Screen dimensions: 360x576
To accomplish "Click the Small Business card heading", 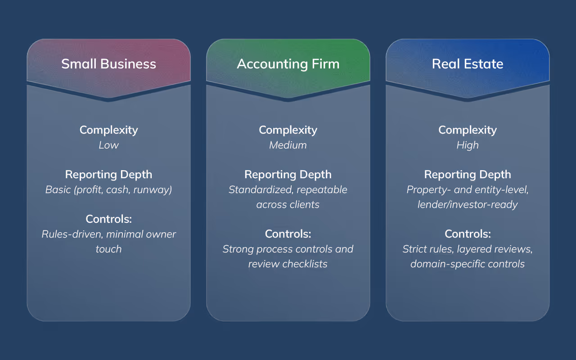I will point(108,64).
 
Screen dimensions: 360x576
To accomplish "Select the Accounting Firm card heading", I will point(288,64).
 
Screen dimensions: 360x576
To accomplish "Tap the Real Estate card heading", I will point(468,64).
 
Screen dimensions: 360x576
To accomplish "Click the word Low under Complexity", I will point(108,145).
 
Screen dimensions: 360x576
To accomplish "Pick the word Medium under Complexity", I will point(288,145).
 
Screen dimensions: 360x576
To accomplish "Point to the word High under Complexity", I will point(468,145).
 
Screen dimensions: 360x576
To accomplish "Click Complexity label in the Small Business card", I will point(108,130).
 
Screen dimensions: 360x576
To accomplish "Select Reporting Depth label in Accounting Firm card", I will point(288,175).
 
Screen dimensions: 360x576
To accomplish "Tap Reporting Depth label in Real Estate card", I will point(468,175).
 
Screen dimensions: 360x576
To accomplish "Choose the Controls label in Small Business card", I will point(108,219).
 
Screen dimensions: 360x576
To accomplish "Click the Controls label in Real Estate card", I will point(468,234).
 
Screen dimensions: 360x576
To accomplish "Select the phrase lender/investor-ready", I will point(468,204).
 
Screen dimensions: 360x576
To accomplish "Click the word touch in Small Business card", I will point(108,249).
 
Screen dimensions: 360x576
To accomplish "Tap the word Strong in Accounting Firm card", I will point(238,249).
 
